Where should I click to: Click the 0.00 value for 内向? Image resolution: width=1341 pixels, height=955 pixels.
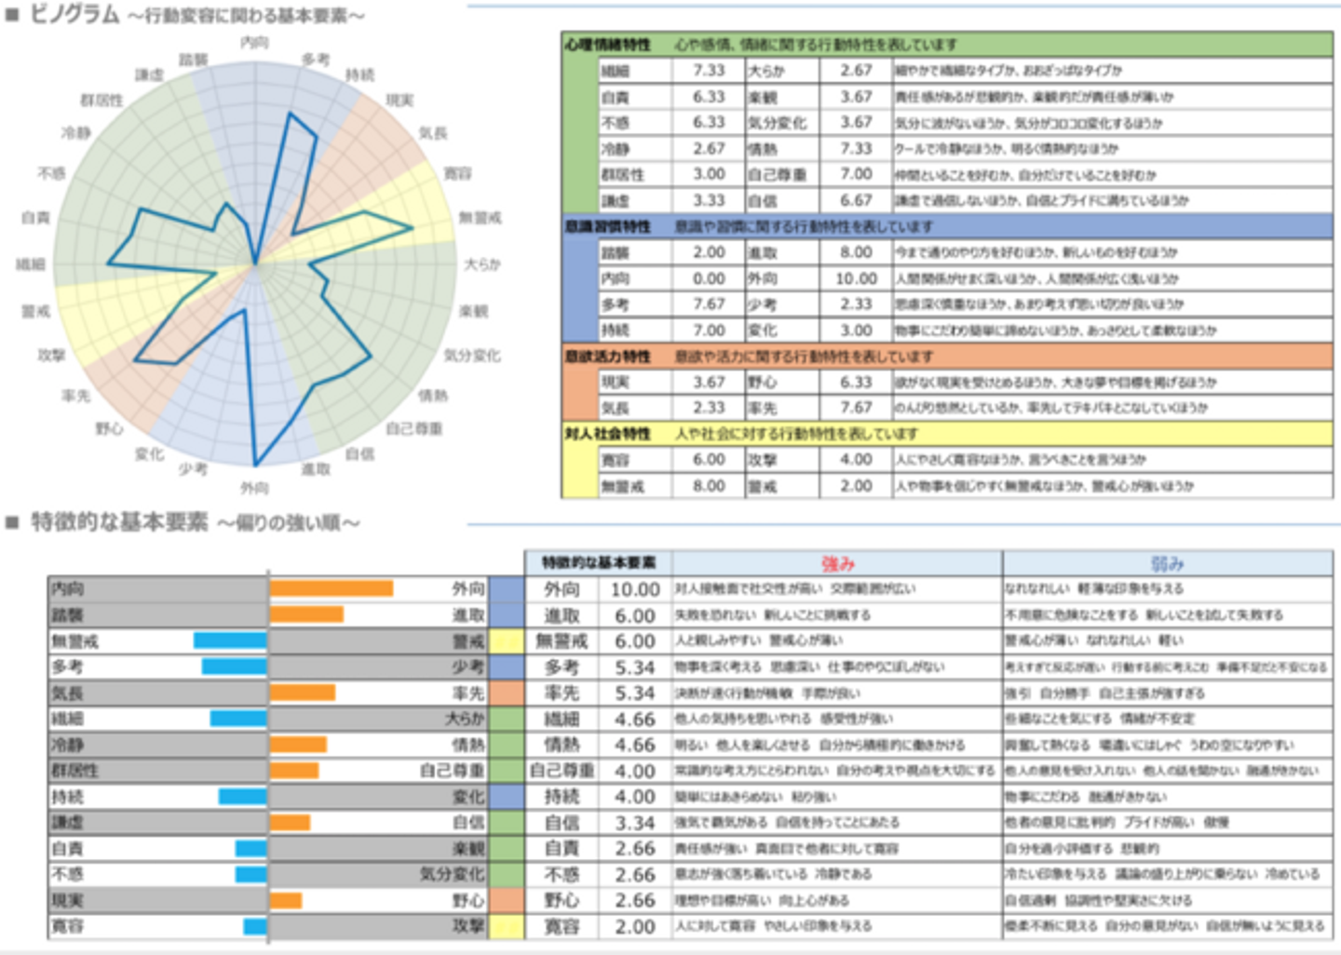point(708,278)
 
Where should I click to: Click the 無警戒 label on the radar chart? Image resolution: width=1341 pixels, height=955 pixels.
point(480,218)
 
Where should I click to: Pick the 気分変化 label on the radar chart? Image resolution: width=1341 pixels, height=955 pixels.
point(472,356)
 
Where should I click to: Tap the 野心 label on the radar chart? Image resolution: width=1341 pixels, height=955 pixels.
point(109,428)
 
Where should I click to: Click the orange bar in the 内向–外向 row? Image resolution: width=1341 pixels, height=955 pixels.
point(332,588)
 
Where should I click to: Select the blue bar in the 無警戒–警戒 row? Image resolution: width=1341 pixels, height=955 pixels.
point(230,640)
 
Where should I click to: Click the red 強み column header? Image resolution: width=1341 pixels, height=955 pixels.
point(837,563)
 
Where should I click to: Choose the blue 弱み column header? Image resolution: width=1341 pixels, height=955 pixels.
point(1167,563)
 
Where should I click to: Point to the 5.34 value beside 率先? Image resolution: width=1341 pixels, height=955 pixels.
point(634,693)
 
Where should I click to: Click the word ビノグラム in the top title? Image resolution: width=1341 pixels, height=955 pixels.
point(74,15)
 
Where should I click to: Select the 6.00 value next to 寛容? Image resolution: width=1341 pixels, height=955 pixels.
point(708,460)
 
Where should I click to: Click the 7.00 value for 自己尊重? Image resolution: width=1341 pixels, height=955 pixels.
point(855,174)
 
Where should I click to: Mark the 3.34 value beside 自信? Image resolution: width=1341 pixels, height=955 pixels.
point(634,823)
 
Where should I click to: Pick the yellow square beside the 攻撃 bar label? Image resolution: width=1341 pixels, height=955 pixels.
point(507,926)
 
